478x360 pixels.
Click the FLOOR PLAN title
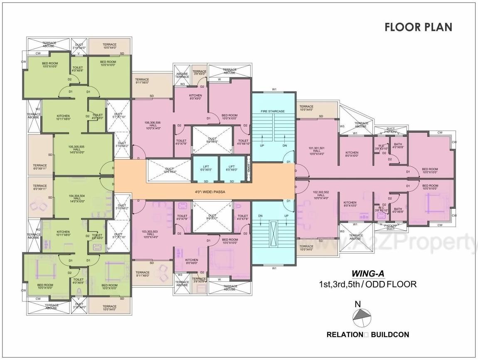pos(418,27)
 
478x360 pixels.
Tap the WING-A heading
pos(368,274)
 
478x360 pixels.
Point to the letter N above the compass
pos(357,304)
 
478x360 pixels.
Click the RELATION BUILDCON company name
pos(368,334)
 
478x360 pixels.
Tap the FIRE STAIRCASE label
pos(272,111)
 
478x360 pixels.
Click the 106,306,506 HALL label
pos(152,125)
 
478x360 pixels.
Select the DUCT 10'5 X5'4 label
pos(170,171)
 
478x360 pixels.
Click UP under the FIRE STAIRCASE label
pos(262,145)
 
